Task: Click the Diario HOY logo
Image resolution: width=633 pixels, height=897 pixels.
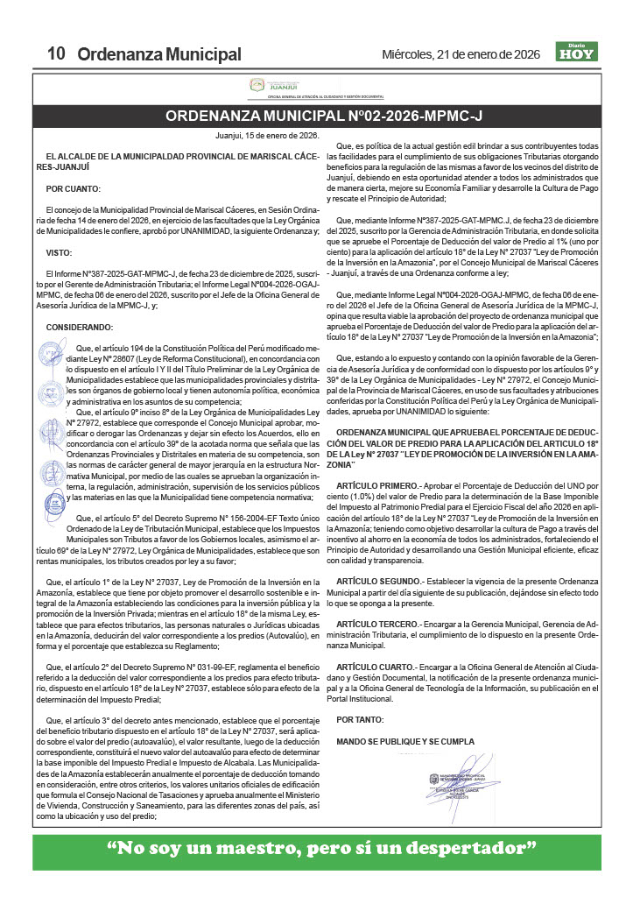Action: click(575, 53)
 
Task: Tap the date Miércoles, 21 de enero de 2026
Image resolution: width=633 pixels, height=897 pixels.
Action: click(461, 54)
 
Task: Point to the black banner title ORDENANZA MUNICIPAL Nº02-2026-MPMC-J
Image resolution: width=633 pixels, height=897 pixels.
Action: click(316, 116)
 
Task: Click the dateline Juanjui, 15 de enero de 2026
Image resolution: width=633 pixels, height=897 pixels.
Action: click(267, 136)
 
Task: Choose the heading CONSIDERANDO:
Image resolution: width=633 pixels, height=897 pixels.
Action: click(80, 327)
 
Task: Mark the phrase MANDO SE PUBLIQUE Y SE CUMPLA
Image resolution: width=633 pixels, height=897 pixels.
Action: click(405, 741)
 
